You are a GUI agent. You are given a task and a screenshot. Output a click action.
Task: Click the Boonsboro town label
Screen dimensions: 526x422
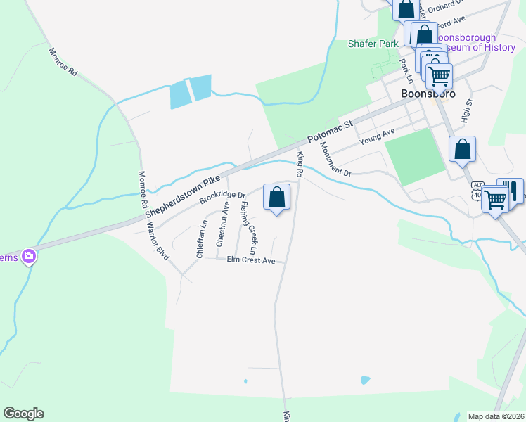pyautogui.click(x=427, y=94)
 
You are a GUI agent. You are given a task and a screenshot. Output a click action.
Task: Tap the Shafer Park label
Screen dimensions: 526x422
pyautogui.click(x=373, y=44)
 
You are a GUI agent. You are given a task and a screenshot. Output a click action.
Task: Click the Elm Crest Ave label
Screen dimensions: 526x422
pyautogui.click(x=251, y=260)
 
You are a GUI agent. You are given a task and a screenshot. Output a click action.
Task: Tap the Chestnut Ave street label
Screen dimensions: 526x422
pyautogui.click(x=222, y=224)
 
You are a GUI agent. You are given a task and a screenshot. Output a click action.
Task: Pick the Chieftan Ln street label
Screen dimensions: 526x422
pyautogui.click(x=201, y=240)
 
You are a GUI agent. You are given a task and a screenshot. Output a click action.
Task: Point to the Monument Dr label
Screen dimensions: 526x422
pyautogui.click(x=335, y=160)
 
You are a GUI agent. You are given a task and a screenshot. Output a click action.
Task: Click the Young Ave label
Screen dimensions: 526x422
pyautogui.click(x=378, y=136)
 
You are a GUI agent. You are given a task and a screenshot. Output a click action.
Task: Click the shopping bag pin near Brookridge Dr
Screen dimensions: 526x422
pyautogui.click(x=277, y=197)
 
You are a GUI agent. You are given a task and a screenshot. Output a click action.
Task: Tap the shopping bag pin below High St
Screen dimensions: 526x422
pyautogui.click(x=462, y=149)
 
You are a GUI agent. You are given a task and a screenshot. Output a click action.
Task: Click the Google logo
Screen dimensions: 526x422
pyautogui.click(x=23, y=414)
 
